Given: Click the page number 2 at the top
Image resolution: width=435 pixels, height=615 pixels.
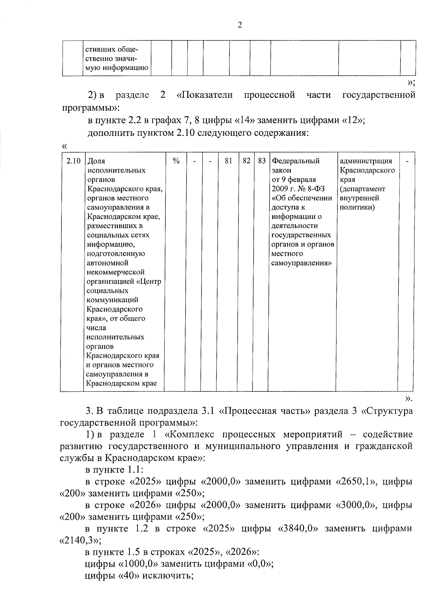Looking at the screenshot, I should point(239,25).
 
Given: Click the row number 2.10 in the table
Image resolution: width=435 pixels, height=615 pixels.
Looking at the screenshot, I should point(73,161).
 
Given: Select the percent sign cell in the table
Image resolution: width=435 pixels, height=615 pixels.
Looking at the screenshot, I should point(176,161).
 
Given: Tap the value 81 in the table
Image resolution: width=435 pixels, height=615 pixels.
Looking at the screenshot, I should point(228,161).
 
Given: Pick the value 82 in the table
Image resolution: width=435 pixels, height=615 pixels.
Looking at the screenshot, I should point(246,161).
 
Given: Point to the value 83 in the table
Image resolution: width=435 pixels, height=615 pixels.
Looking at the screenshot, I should point(262,161).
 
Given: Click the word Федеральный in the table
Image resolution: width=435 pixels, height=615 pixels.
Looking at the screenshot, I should point(295,161).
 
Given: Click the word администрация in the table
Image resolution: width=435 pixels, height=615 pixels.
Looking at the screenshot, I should point(366,161).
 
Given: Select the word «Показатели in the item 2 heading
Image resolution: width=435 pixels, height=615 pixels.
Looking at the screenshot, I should point(204,95).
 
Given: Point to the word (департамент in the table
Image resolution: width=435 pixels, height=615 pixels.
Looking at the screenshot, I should point(362,189).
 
